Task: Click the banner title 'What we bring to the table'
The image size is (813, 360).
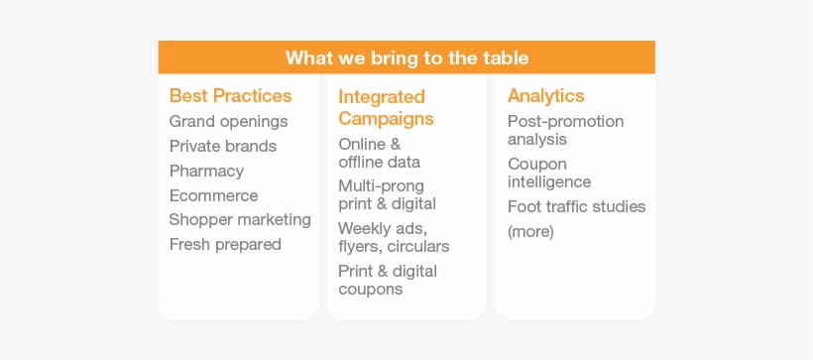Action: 407,58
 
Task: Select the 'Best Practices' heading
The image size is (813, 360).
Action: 231,96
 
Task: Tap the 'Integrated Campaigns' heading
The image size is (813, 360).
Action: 387,107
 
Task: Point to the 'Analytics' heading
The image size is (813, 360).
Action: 546,96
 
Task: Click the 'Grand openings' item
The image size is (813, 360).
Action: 229,122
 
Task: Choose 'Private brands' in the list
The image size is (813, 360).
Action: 223,147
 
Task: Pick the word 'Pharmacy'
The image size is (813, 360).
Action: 206,172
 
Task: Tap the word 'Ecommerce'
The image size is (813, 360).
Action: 213,195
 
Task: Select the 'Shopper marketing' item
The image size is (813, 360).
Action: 240,220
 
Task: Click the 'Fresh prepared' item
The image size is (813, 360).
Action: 225,244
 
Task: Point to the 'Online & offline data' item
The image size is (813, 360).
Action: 380,153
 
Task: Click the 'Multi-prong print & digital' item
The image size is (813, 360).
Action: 388,195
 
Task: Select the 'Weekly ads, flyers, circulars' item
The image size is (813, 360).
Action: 394,238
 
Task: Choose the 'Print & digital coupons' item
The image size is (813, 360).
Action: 388,280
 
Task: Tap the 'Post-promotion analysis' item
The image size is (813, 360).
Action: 566,130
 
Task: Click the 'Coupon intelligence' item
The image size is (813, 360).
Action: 549,173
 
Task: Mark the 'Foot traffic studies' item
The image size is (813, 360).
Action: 577,207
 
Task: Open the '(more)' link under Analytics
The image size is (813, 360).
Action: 531,231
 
